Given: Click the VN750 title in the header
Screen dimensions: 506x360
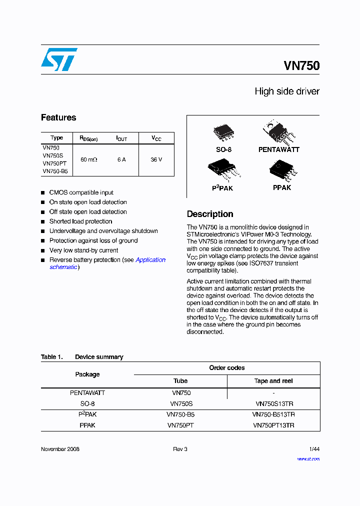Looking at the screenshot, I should tap(301, 65).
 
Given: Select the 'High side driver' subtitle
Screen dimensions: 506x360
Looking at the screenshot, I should tap(287, 91).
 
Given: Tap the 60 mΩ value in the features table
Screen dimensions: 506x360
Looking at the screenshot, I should tap(88, 159).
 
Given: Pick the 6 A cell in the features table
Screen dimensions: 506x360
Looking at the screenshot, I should tap(121, 159).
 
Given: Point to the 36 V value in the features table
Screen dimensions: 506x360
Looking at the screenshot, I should tap(156, 159).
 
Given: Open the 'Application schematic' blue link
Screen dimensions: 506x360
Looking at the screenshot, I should tap(150, 260).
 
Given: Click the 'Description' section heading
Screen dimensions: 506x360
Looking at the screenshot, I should tap(210, 214).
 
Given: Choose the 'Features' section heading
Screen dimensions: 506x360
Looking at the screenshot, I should tap(58, 117).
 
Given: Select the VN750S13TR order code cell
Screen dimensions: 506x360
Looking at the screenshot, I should tap(273, 403).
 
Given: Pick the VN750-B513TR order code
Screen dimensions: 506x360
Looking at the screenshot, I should tap(273, 414).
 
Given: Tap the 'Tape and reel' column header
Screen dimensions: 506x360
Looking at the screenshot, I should tap(273, 381).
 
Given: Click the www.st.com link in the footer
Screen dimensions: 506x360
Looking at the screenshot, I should tap(308, 459).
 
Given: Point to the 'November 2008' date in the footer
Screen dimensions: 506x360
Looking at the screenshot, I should tap(60, 449).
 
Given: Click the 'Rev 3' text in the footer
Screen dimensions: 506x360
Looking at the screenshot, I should tap(180, 449).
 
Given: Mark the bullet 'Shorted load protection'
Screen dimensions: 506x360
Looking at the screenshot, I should tap(80, 221).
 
